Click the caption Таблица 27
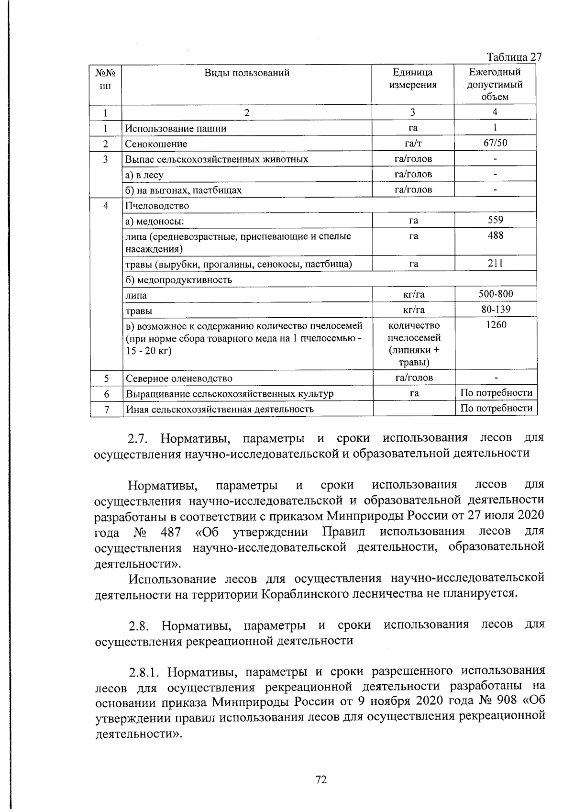(x=514, y=57)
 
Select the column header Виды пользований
(x=247, y=73)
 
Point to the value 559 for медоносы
(x=495, y=220)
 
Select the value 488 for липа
(x=495, y=235)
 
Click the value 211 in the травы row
(x=495, y=263)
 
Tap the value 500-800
(x=495, y=293)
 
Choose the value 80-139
(x=495, y=309)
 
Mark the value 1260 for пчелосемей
(x=496, y=325)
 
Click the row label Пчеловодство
(x=157, y=206)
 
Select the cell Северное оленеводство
(x=179, y=378)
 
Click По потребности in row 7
(x=496, y=408)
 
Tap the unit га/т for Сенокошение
(x=413, y=143)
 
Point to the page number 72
(x=321, y=780)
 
